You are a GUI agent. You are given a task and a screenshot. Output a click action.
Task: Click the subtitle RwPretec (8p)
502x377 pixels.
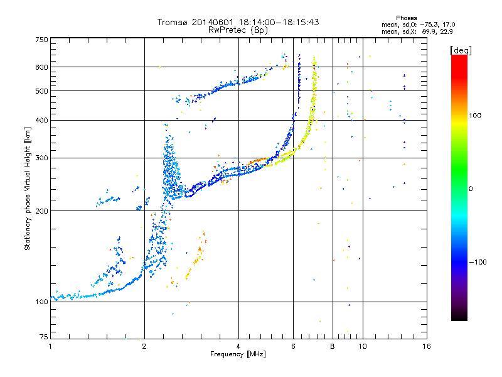coord(238,30)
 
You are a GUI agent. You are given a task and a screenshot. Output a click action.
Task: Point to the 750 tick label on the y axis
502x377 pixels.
coord(41,40)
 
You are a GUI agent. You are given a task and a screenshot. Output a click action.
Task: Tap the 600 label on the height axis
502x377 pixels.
coord(41,67)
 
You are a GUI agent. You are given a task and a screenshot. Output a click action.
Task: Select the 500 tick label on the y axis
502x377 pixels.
coord(41,91)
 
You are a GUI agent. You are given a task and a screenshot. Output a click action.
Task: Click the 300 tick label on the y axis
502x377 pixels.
coord(41,158)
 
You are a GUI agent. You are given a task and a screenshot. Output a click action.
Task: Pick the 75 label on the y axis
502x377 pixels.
coord(44,337)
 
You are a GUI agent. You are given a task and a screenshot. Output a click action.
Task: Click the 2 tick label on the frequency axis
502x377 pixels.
coord(144,346)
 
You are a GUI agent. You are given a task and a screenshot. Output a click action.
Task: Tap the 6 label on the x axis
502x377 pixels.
coord(293,346)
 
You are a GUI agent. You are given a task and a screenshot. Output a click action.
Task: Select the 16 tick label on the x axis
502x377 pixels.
coord(427,346)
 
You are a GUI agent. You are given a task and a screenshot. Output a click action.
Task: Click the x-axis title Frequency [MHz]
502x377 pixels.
coord(238,354)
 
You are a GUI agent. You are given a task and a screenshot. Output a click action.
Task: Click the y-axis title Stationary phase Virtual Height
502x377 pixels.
coord(27,188)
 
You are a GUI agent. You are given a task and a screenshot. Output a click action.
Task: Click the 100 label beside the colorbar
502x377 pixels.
coord(475,116)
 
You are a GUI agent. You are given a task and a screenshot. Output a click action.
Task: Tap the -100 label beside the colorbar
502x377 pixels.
coord(478,262)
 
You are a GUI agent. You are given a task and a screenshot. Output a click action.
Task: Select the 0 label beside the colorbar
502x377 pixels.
coord(471,189)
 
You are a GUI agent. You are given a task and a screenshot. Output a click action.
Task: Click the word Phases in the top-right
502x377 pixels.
coord(406,18)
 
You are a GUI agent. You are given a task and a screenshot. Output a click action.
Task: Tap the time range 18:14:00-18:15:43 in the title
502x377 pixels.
coord(279,22)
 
